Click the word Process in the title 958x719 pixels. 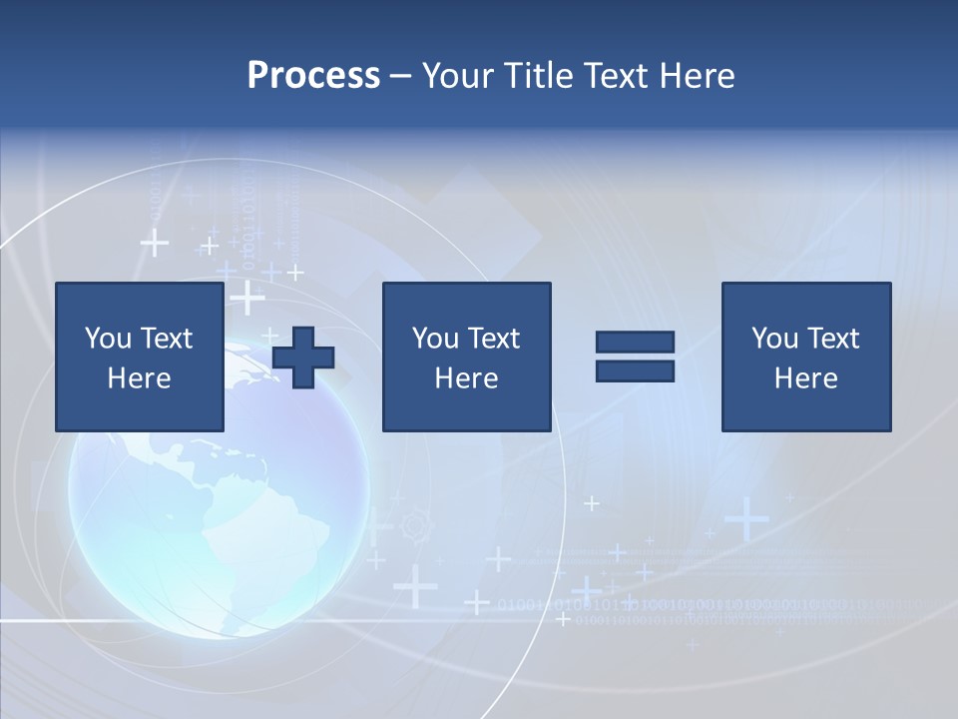coord(313,76)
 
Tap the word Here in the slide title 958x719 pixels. coord(697,76)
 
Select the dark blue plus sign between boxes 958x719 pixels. coord(303,358)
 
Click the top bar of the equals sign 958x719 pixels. coord(635,343)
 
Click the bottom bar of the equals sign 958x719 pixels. coord(635,370)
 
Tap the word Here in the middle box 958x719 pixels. coord(466,378)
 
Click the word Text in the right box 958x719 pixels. coord(832,339)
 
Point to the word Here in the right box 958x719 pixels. coord(806,378)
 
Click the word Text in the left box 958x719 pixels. coord(166,339)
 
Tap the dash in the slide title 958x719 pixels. coord(401,76)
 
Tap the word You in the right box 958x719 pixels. coord(774,339)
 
